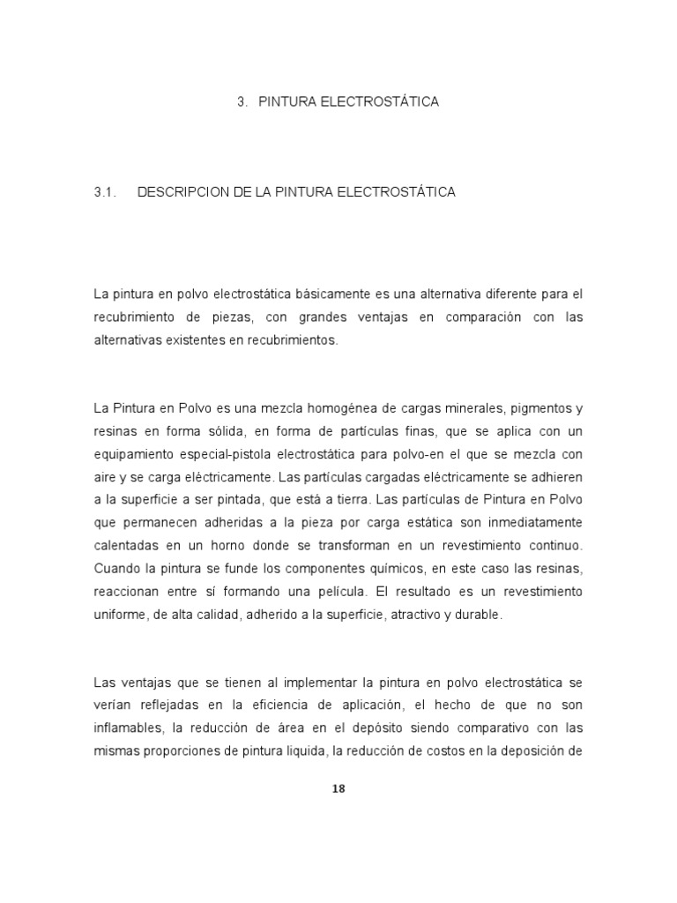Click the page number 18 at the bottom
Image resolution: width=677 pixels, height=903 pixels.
(x=338, y=788)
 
